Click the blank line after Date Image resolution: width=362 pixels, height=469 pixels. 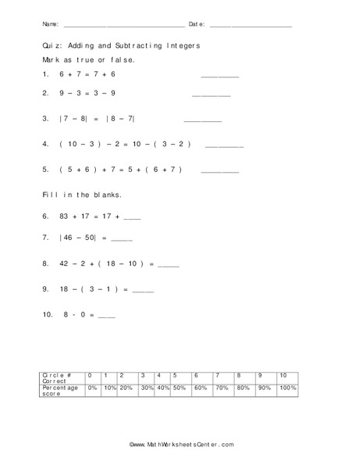coord(250,26)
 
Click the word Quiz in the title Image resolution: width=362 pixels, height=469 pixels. coord(51,46)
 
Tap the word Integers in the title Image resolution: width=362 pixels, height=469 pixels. coord(182,46)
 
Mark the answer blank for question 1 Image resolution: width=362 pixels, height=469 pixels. coord(220,76)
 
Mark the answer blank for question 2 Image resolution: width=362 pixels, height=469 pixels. coord(211,95)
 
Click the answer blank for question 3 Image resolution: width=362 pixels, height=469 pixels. coord(202,120)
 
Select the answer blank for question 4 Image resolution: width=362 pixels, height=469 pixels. coord(225,146)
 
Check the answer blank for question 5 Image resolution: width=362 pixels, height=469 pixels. coord(220,171)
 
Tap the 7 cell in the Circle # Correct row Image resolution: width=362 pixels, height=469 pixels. coord(218,375)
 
